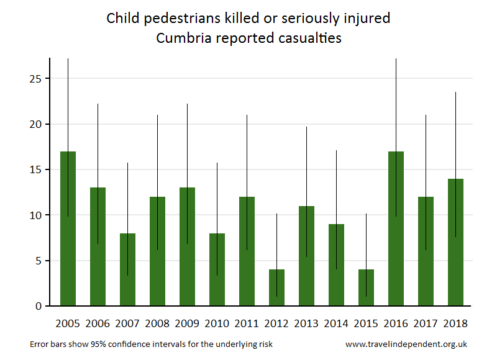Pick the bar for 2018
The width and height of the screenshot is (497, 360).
[x=455, y=242]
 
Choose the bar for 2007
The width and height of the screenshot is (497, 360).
[x=127, y=269]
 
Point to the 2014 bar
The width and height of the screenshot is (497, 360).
[x=336, y=265]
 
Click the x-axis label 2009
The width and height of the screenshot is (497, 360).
[x=187, y=323]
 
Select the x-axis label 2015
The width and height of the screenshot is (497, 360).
[x=366, y=323]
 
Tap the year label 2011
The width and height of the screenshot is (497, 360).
[x=247, y=323]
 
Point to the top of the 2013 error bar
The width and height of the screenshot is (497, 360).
[x=306, y=127]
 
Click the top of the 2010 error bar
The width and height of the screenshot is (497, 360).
[x=217, y=163]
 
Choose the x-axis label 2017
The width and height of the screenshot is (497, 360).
[x=426, y=323]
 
